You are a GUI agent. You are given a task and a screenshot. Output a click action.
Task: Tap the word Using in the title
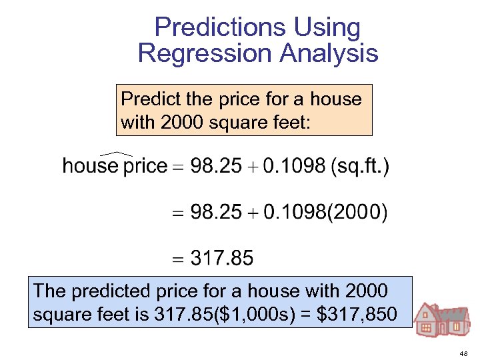[x=327, y=28]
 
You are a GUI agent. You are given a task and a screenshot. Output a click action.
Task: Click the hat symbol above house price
[x=114, y=154]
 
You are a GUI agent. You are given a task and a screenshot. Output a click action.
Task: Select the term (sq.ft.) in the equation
[x=360, y=166]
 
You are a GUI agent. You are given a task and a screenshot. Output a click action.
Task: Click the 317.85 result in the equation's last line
[x=222, y=259]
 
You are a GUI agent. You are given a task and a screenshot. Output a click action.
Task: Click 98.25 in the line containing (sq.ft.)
[x=216, y=166]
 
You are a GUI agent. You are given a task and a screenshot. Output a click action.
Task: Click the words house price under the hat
[x=114, y=166]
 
